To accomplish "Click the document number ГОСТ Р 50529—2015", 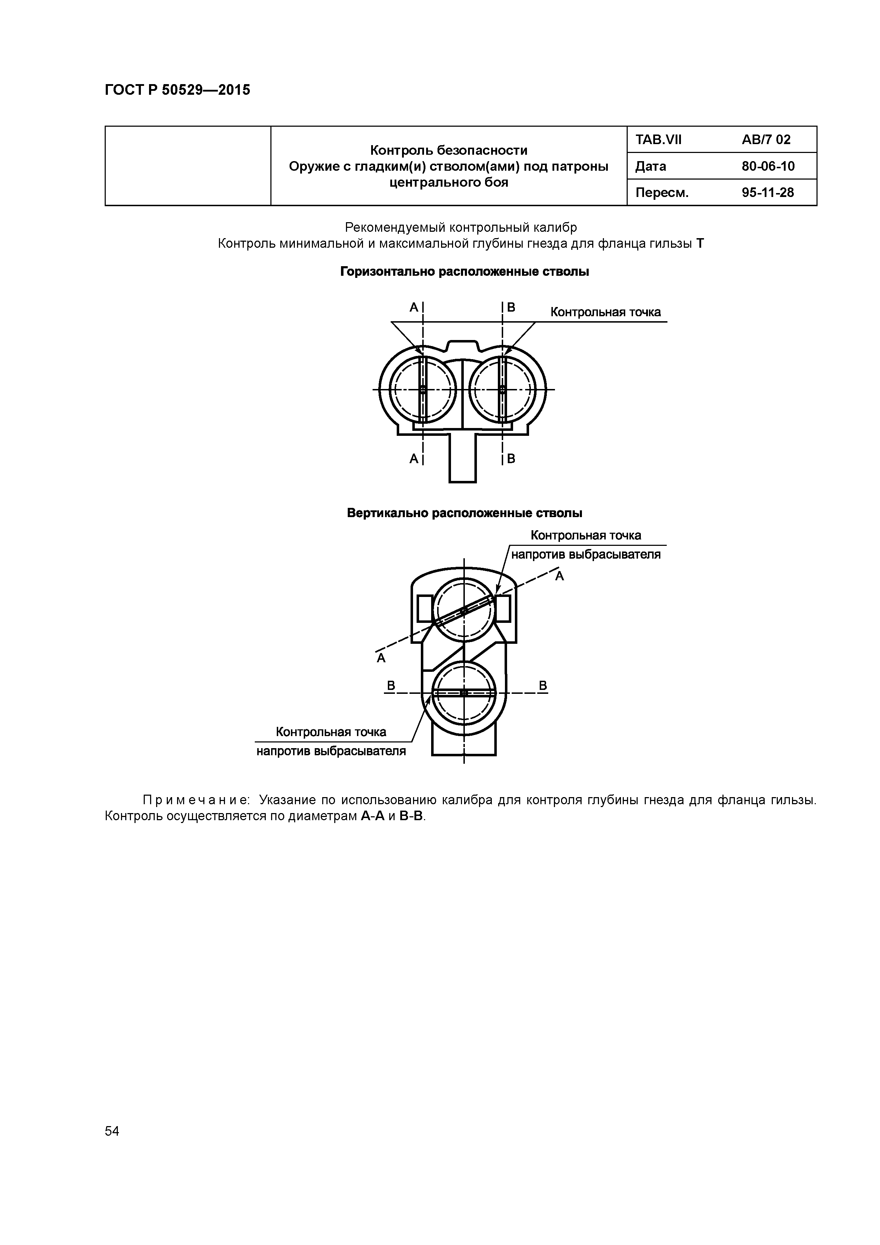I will tap(177, 90).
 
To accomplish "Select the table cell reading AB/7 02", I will tap(766, 140).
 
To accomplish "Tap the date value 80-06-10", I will tap(768, 166).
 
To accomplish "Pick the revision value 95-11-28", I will tap(768, 192).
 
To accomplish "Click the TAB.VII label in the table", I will tap(658, 140).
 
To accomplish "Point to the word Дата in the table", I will tap(651, 166).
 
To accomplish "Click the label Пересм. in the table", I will tap(661, 192).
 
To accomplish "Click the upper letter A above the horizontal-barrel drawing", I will tap(414, 307).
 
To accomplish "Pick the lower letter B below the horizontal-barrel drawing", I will tap(511, 459).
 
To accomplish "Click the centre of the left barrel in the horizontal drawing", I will tap(423, 389).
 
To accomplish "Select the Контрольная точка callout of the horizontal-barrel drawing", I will tap(606, 312).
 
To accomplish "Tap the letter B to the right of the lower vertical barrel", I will tap(543, 686).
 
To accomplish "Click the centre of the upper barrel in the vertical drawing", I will tap(464, 610).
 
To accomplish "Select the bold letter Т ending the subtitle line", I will tap(700, 244).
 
